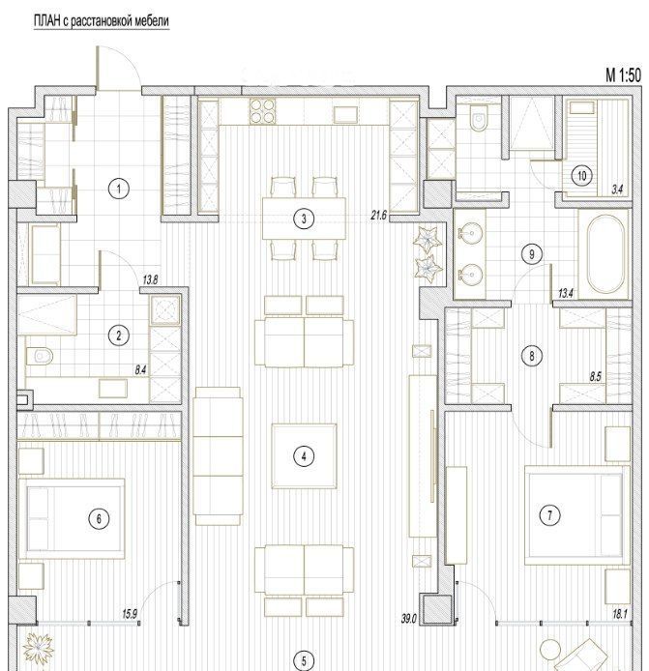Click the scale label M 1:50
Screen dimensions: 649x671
click(623, 75)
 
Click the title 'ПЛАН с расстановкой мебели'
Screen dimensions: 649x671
click(102, 21)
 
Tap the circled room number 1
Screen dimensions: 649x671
click(119, 189)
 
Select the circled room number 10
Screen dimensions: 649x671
click(582, 176)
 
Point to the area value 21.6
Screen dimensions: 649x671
click(378, 215)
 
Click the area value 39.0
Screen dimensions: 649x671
click(409, 619)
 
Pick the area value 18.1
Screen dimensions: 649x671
click(620, 615)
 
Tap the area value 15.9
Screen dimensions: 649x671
click(130, 614)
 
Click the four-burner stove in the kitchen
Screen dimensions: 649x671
click(262, 111)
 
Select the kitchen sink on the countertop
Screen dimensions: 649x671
click(345, 115)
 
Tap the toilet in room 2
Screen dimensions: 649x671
click(40, 355)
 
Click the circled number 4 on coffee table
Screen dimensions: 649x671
click(304, 456)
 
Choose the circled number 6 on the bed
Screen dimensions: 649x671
click(99, 519)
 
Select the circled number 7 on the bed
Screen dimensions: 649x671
click(550, 514)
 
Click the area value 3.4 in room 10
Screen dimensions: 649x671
click(617, 190)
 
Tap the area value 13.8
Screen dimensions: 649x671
click(150, 280)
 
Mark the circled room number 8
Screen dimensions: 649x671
click(532, 356)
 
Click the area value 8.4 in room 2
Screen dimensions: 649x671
click(140, 370)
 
